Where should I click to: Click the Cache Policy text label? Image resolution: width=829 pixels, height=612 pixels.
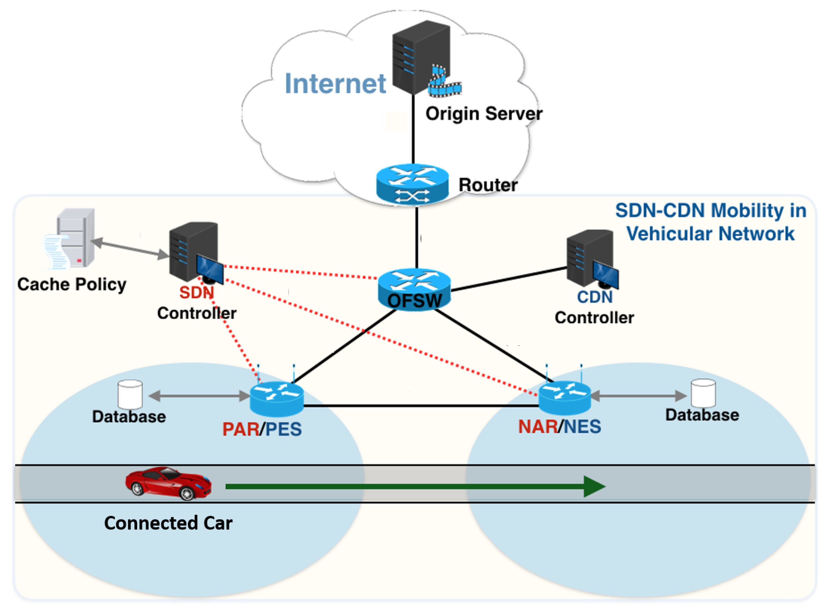[x=72, y=285]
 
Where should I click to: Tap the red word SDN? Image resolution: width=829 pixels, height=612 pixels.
[x=197, y=293]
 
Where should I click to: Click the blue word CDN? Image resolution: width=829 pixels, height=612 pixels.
[x=595, y=297]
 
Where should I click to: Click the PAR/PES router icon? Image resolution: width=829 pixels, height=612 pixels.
[x=277, y=399]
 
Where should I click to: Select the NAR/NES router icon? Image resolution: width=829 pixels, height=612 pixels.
[x=565, y=398]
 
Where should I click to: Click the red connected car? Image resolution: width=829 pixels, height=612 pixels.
[x=168, y=483]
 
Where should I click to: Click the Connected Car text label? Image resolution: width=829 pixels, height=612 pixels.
[x=168, y=523]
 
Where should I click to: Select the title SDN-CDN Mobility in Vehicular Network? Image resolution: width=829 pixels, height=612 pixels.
[x=710, y=222]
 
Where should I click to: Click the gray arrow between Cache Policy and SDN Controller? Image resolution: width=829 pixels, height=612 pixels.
[x=130, y=248]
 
